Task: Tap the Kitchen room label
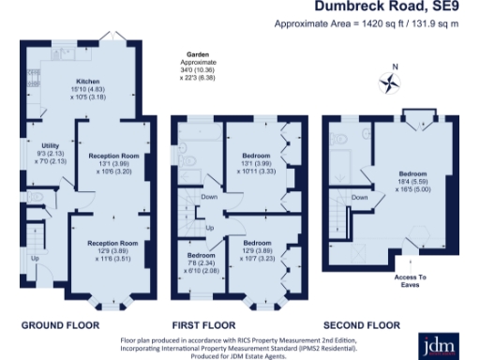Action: tap(87, 82)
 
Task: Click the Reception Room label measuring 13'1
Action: tap(113, 155)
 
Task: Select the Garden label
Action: tap(197, 56)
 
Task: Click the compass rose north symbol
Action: tap(384, 82)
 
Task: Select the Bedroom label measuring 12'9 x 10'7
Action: tap(256, 243)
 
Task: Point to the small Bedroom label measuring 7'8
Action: tap(200, 255)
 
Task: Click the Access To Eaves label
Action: tap(409, 278)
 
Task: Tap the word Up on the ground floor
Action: tap(36, 259)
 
